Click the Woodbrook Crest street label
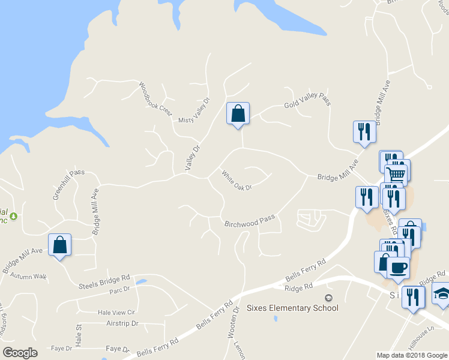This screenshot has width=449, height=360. pos(155,100)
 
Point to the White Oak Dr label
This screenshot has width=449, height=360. pos(236,180)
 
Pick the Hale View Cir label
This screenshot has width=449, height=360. pos(117,312)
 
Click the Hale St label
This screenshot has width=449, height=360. pos(79,335)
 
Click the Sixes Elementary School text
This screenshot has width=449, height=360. pos(292,308)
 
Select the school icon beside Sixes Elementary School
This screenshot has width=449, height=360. pos(328,298)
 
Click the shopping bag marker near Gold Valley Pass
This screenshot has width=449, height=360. pos(238,113)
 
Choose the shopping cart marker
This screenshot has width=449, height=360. pos(396,175)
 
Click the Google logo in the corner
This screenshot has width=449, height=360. pos(20,353)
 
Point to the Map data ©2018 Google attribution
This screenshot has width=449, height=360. pos(412,355)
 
